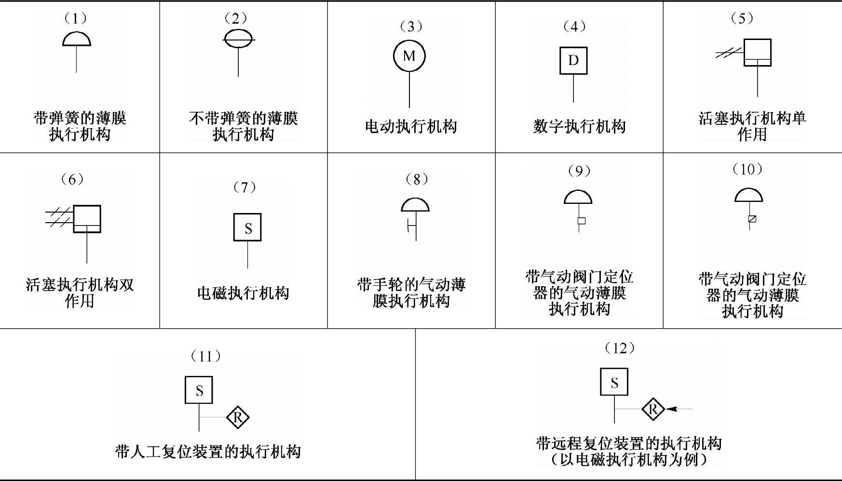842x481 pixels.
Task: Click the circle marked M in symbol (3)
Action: pos(409,56)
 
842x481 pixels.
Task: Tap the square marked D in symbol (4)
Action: pos(573,61)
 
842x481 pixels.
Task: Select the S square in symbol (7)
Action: pos(247,227)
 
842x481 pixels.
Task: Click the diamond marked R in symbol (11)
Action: pos(238,417)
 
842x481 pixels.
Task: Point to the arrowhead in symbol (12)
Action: pos(672,409)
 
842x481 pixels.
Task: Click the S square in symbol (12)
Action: pos(614,382)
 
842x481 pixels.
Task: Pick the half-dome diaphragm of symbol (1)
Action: pos(77,39)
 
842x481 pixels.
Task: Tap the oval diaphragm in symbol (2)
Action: pos(238,39)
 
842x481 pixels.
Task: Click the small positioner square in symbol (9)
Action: pos(582,221)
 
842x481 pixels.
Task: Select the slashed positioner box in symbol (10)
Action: pos(752,219)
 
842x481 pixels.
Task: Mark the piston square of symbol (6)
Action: pos(87,219)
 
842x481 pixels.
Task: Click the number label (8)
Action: pos(417,179)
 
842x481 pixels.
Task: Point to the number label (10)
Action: pos(747,169)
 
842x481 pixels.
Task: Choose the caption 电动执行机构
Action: pos(411,127)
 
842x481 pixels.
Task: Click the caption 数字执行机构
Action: pos(579,127)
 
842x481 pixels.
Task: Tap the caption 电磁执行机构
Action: pos(243,293)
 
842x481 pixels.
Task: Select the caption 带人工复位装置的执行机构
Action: pos(208,452)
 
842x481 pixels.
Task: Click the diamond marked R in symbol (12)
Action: pos(653,410)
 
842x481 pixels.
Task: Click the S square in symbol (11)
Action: pos(199,390)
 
